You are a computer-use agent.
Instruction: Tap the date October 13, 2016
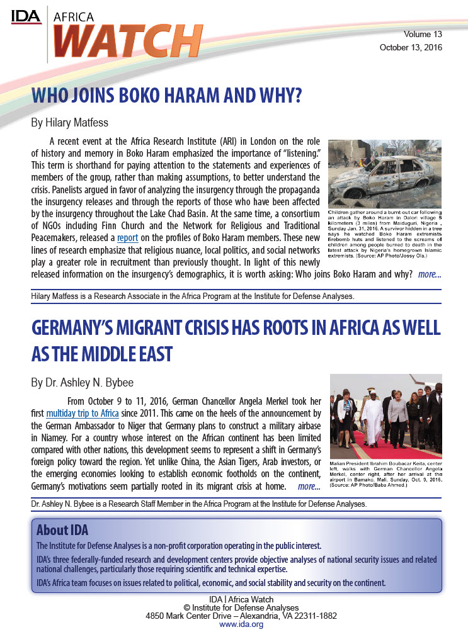(411, 48)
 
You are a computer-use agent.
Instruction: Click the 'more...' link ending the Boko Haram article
(429, 274)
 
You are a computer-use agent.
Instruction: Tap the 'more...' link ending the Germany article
(309, 487)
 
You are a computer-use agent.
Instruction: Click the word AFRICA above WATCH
(71, 18)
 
